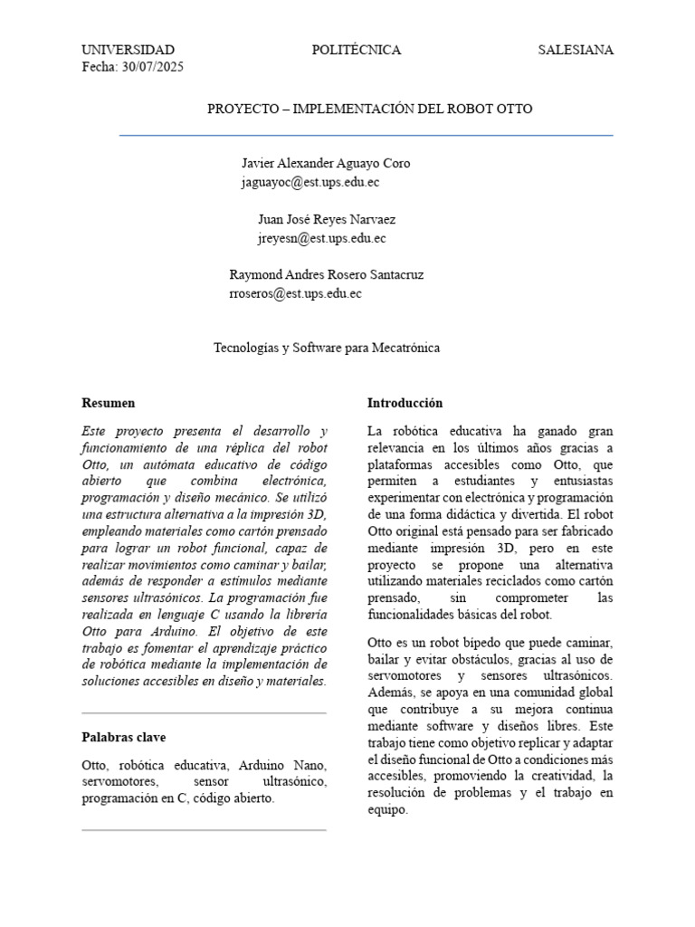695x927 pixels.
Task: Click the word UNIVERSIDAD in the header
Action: tap(128, 50)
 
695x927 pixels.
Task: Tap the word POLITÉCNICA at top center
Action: tap(356, 50)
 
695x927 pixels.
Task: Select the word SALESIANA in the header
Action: tap(576, 50)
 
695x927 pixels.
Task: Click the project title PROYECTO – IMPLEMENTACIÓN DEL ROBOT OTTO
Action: tap(370, 109)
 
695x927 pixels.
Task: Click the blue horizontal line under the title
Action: tap(367, 136)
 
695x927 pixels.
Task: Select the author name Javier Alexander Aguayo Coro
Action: tap(325, 164)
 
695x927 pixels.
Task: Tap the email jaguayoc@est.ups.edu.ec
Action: tap(310, 182)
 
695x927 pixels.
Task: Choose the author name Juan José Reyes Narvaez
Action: tap(326, 220)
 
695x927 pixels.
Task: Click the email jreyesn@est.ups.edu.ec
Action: tap(321, 238)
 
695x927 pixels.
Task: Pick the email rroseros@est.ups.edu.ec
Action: tap(296, 293)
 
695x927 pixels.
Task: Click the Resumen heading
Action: tap(109, 403)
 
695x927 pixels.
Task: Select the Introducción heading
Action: tap(405, 403)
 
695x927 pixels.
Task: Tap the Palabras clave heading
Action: tap(124, 738)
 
